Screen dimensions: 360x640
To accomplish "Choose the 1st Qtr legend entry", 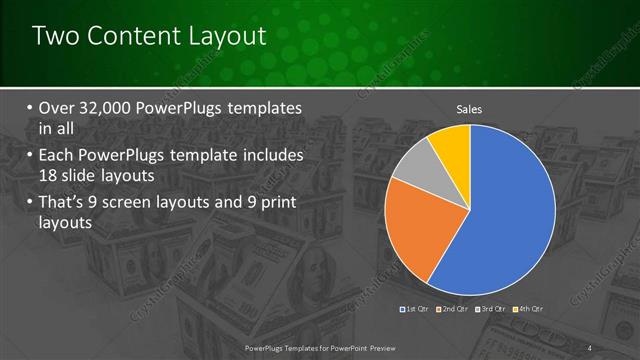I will pyautogui.click(x=416, y=309).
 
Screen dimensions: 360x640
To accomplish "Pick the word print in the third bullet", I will pyautogui.click(x=275, y=204).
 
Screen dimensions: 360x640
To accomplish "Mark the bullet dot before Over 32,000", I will pyautogui.click(x=30, y=109).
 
